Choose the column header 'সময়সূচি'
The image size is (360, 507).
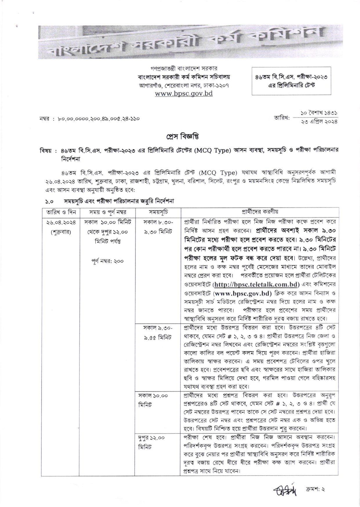158,212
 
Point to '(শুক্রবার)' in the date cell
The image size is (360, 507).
59,232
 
